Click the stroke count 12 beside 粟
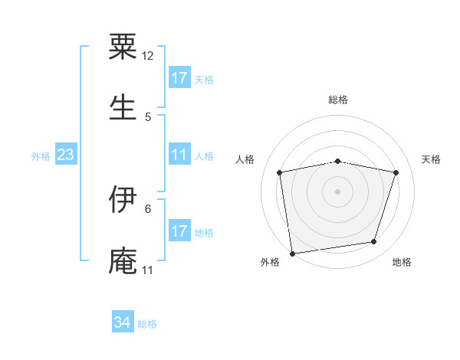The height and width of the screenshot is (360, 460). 148,56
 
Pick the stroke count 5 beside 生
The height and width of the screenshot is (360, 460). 148,116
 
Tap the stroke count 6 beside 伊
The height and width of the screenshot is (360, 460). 148,208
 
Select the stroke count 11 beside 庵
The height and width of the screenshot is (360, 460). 148,270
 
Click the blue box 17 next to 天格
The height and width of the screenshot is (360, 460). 179,78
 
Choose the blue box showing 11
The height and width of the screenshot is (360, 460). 179,155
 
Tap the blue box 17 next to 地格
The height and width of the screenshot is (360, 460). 179,231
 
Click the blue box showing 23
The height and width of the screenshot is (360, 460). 66,155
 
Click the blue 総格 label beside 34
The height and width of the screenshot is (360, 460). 147,324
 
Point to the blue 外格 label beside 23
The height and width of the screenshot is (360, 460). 41,156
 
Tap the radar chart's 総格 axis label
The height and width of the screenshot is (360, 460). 338,100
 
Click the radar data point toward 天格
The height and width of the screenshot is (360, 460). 396,172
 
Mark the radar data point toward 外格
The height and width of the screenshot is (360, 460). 292,253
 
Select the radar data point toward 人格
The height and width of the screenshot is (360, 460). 280,172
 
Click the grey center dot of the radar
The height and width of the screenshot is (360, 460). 338,191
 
